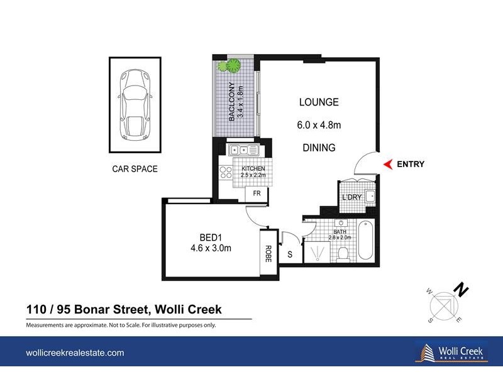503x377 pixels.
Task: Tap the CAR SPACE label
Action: point(135,169)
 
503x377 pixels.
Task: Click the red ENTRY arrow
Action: point(387,165)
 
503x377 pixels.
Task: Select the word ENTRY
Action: point(410,165)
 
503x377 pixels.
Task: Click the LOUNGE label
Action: point(319,102)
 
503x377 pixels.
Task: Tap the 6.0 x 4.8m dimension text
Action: point(319,125)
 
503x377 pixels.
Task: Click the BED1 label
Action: point(212,238)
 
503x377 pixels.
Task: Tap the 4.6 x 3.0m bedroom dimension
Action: point(212,248)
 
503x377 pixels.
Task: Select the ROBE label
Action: point(268,253)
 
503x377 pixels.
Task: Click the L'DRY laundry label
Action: point(351,199)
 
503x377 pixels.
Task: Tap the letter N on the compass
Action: point(462,290)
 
